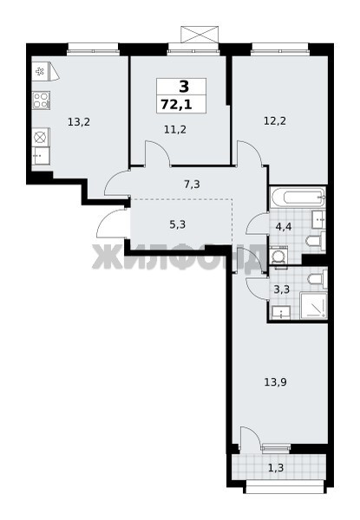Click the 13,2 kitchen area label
coord(79,122)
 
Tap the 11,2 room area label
coord(175,129)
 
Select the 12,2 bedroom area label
coord(275,121)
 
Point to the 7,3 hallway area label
coord(192,184)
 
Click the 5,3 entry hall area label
coord(178,224)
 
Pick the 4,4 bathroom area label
coord(284,227)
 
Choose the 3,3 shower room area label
coord(282,289)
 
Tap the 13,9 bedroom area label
coord(275,382)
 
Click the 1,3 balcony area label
coord(276,468)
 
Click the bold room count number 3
coord(184,87)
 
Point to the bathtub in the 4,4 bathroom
coord(298,198)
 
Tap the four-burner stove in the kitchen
coord(41,101)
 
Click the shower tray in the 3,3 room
coord(313,305)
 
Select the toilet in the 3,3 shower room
coord(317,278)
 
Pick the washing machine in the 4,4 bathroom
coord(278,256)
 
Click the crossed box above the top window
coord(200,35)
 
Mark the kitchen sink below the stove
coord(41,155)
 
